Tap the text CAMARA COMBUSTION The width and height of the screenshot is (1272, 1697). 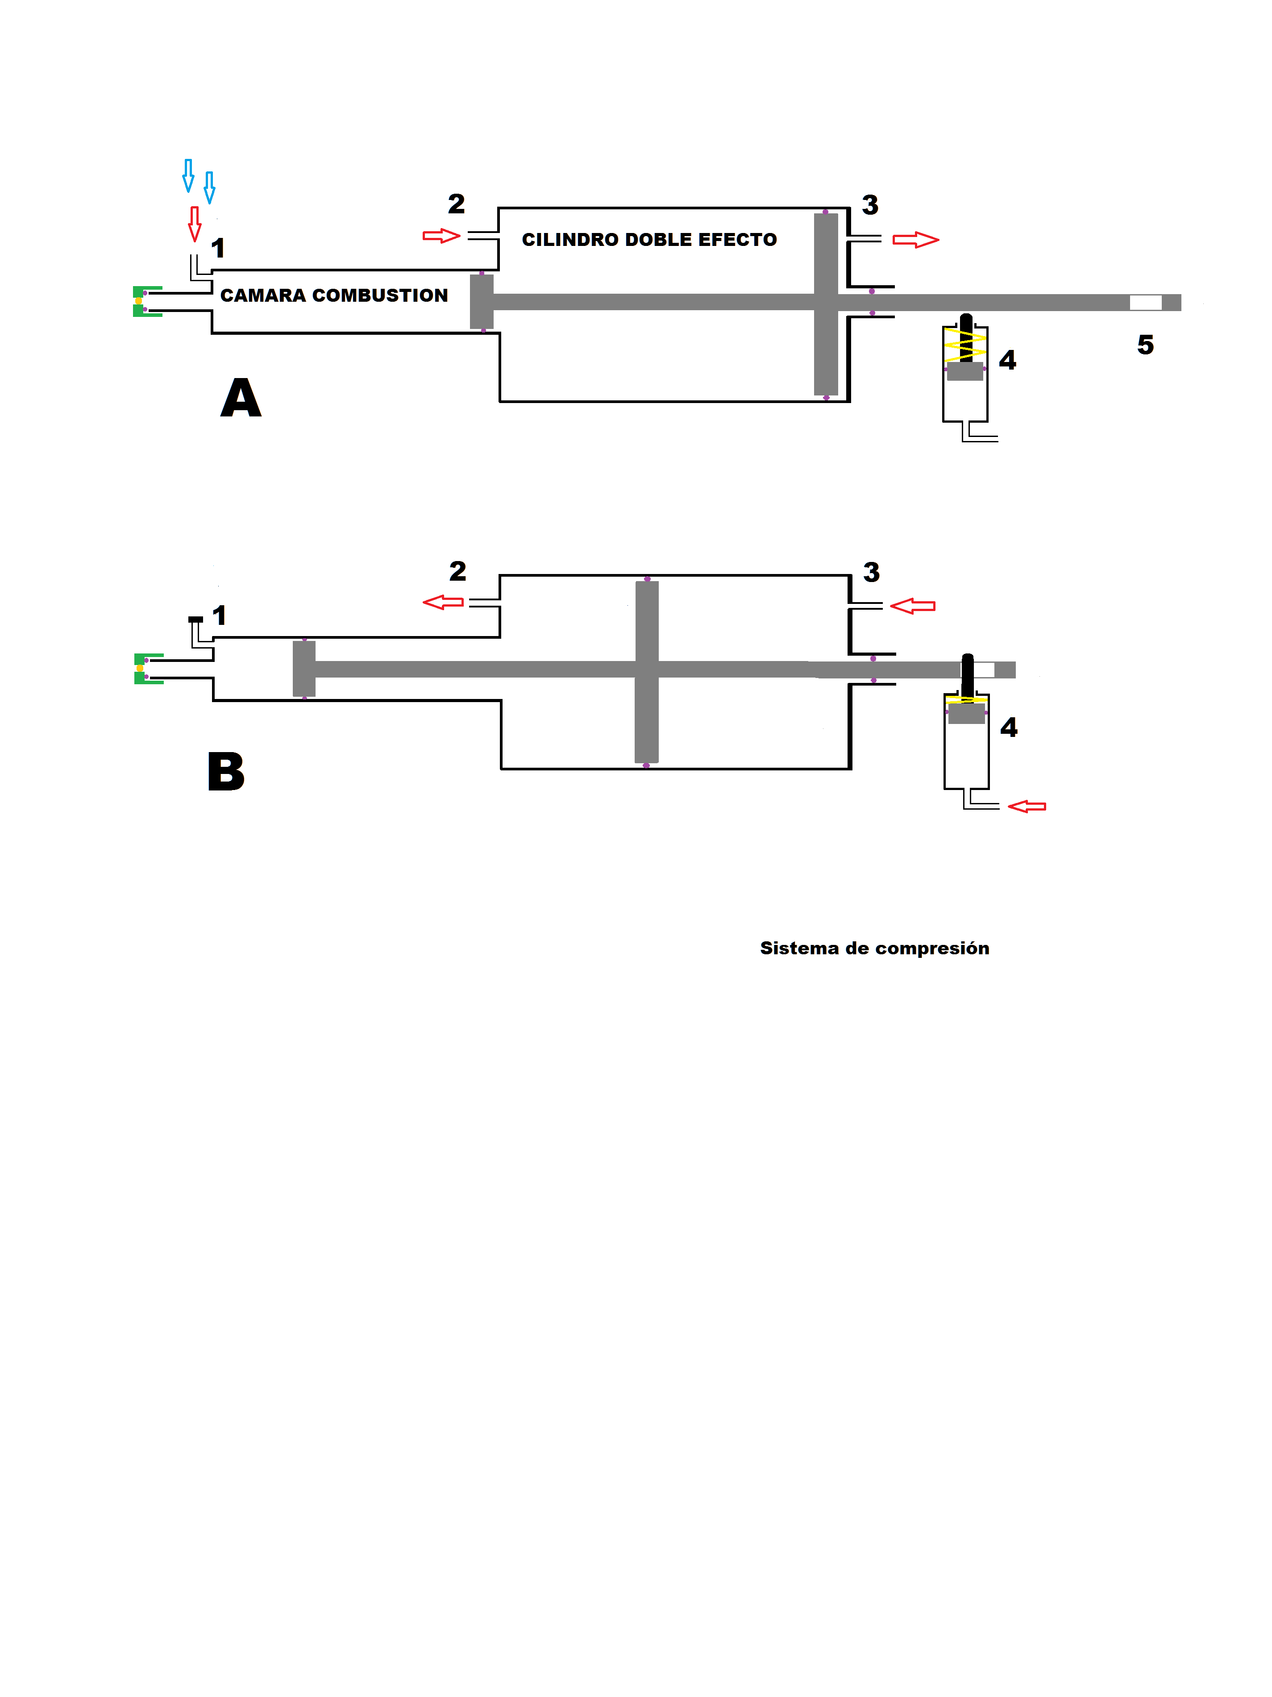tap(334, 295)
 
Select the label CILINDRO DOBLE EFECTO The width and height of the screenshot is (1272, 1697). tap(649, 240)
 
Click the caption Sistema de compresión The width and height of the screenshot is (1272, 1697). tap(874, 948)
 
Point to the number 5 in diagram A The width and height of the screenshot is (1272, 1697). tap(1145, 345)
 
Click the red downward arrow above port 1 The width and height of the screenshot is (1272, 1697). tap(195, 223)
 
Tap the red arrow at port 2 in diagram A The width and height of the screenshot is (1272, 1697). tap(441, 236)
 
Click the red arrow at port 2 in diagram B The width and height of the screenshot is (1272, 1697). tap(444, 602)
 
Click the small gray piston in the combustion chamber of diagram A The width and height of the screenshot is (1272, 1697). tap(481, 301)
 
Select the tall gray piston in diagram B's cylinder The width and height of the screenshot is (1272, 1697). tap(647, 671)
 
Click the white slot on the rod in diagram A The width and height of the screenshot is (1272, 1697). tap(1145, 302)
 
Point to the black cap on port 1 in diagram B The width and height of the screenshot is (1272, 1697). tap(195, 619)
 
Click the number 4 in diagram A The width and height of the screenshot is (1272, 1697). tap(1007, 360)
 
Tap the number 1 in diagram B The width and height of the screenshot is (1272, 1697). tap(220, 615)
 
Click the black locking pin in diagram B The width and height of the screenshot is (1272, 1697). tap(968, 675)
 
